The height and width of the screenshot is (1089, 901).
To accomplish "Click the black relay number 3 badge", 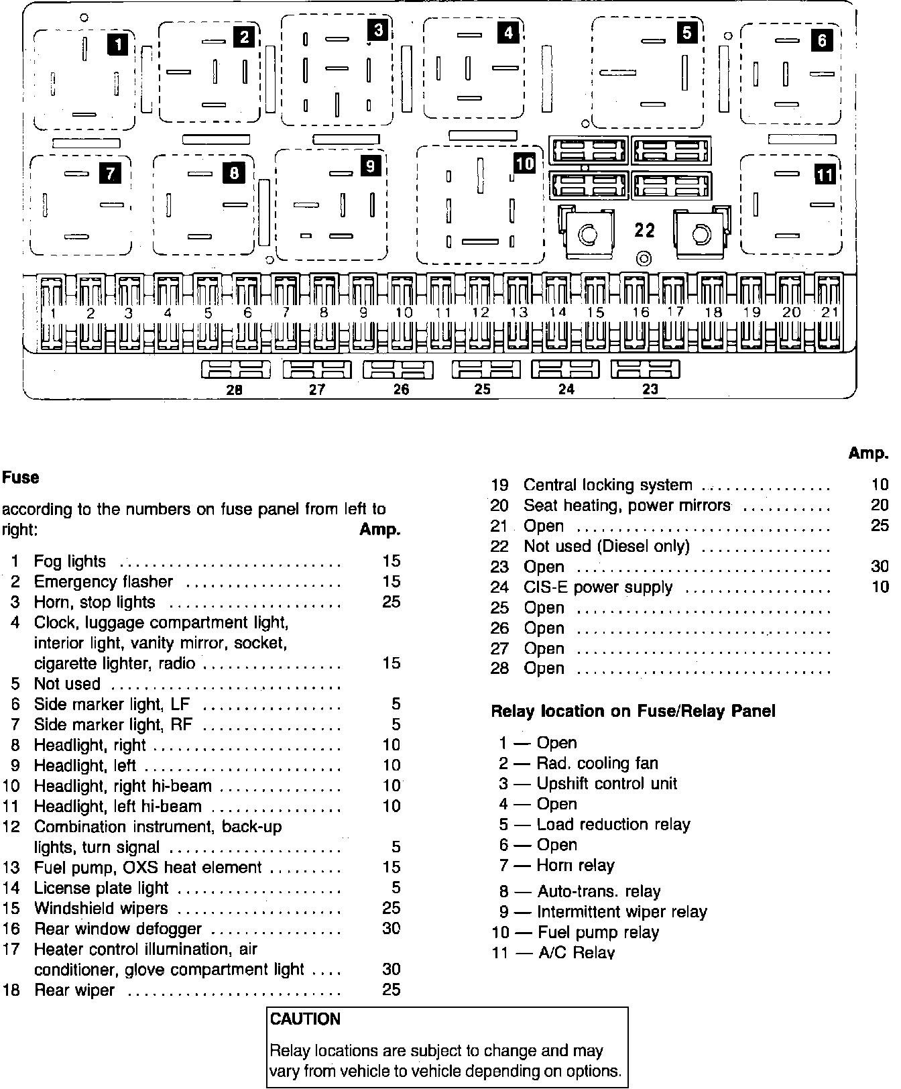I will pos(378,30).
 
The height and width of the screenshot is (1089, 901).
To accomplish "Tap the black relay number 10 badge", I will pos(525,163).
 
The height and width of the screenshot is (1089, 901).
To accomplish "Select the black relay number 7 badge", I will pos(109,174).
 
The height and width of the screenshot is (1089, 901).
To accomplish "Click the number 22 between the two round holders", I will pos(644,230).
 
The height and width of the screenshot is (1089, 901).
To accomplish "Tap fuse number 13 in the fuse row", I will pos(518,312).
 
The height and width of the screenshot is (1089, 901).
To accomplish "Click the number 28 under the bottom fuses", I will pos(234,390).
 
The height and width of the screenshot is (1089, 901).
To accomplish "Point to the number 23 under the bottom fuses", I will pos(650,389).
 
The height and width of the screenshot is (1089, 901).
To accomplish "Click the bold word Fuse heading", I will pos(21,477).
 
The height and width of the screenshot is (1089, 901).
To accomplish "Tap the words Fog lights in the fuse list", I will pos(70,561).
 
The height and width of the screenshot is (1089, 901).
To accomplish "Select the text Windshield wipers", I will pos(101,909).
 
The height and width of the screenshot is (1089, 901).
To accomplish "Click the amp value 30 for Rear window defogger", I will pos(391,929).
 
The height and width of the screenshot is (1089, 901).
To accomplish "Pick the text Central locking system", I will pos(607,485).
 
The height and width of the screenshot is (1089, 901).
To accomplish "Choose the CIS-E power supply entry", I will pos(597,587).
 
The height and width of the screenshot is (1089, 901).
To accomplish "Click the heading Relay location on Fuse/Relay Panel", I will pos(633,711).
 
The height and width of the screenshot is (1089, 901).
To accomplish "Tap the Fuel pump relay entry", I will pos(598,932).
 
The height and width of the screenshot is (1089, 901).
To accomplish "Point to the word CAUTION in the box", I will pos(305,1019).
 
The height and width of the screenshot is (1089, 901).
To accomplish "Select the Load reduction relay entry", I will pos(613,824).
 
